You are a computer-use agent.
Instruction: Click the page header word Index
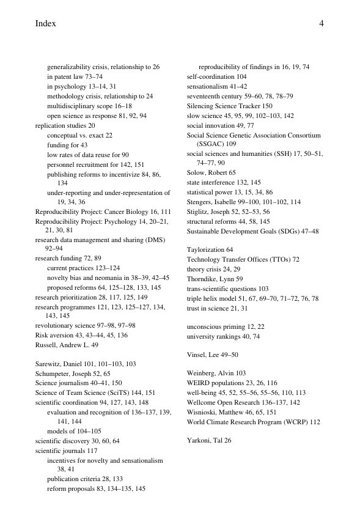tap(46, 24)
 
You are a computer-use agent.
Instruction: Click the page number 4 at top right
tap(320, 24)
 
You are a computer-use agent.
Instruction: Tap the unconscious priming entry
tap(214, 327)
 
